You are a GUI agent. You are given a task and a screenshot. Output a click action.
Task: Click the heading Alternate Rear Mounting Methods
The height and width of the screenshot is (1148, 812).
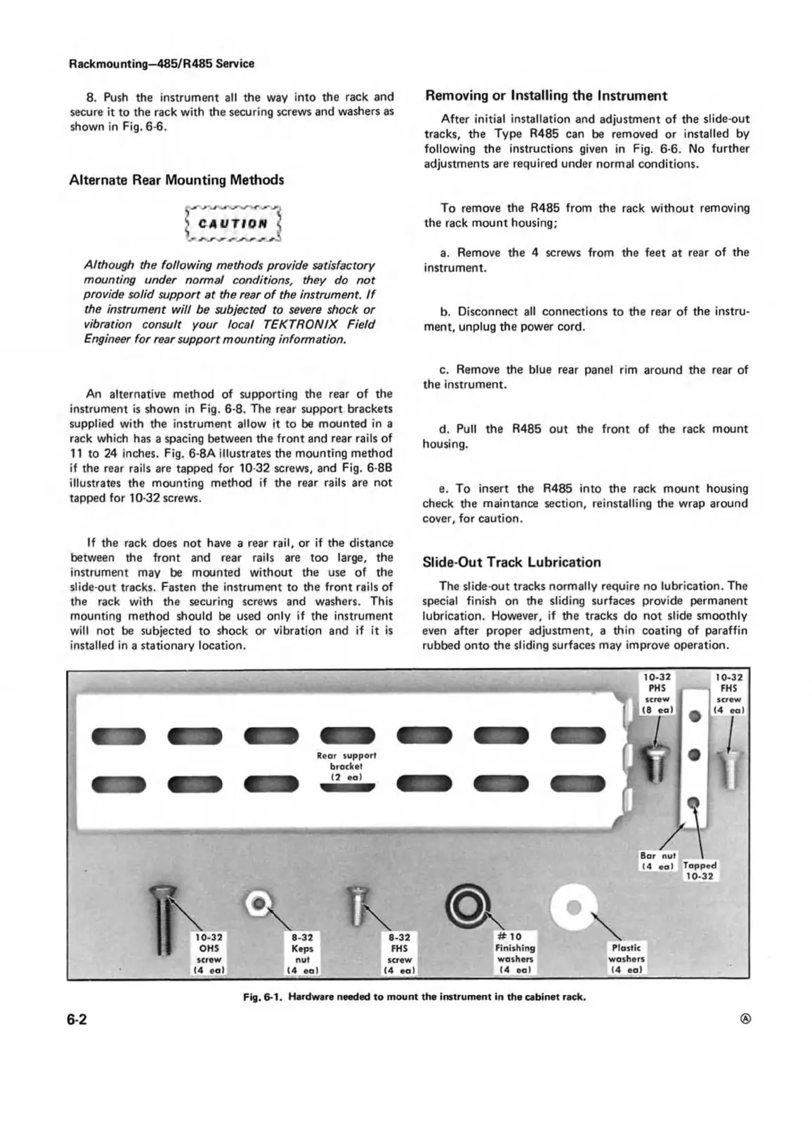pos(176,180)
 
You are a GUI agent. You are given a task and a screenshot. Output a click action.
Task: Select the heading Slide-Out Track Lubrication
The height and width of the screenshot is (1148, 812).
pos(511,562)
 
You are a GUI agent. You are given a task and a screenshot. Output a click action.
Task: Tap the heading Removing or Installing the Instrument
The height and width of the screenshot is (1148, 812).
pos(546,96)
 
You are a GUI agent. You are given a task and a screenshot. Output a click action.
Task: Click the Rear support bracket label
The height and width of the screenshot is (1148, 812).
pos(346,765)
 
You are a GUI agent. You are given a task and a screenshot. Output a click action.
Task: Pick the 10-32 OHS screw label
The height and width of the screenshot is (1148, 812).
pos(209,953)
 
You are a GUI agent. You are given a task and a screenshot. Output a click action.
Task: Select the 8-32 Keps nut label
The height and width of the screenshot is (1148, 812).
pos(302,953)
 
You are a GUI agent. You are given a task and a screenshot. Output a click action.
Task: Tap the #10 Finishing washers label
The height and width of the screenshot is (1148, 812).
pos(515,953)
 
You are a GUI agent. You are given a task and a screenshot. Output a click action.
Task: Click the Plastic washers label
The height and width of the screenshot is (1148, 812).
pos(626,958)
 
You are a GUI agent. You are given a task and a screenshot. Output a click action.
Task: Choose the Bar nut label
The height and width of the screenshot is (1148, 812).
pos(657,861)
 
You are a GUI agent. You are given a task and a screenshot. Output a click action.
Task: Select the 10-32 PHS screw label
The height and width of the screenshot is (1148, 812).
pos(657,693)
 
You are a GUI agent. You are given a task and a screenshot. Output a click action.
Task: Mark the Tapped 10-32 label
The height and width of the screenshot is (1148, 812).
pos(700,871)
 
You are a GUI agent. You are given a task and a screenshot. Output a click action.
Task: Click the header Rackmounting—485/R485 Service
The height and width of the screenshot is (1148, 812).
pos(162,64)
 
